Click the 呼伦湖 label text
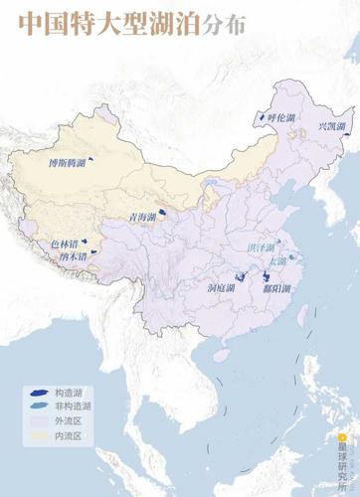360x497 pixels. [283, 117]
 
